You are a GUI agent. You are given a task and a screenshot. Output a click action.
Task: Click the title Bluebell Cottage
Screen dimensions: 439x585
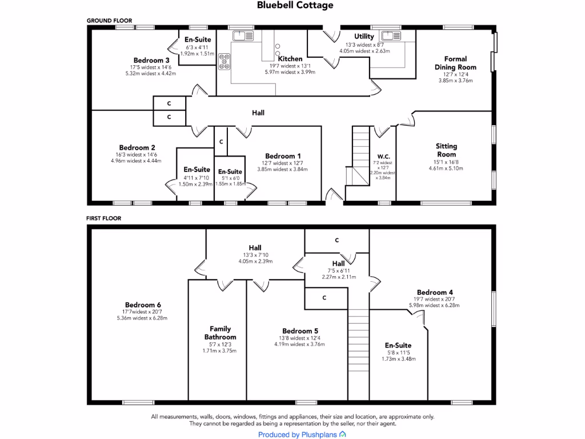coord(295,5)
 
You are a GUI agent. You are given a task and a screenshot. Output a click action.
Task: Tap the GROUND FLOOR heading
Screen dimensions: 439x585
coord(109,21)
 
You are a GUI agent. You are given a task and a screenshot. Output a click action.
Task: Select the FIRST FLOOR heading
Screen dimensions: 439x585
coord(103,218)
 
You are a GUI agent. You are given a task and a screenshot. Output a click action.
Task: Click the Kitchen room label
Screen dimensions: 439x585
coord(290,58)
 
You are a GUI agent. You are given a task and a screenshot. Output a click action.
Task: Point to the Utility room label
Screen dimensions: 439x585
coord(364,37)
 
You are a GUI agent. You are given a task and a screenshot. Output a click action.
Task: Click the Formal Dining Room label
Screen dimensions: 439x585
coord(455,63)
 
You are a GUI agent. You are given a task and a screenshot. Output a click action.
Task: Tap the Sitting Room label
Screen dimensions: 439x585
coord(446,150)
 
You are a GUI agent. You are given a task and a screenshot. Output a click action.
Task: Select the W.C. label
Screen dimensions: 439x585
coord(383,157)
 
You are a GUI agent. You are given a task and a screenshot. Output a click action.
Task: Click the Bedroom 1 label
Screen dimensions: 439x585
coord(283,156)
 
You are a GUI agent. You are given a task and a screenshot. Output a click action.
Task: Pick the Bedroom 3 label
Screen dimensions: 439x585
coord(151,60)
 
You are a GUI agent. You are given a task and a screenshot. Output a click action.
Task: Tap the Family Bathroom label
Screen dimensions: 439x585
coord(220,333)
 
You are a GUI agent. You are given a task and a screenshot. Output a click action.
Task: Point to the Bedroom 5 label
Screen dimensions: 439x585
coord(300,331)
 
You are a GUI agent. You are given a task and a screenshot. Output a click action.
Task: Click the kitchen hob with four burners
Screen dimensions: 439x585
coord(223,61)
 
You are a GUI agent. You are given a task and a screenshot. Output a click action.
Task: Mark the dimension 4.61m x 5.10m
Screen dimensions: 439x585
coord(446,169)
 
